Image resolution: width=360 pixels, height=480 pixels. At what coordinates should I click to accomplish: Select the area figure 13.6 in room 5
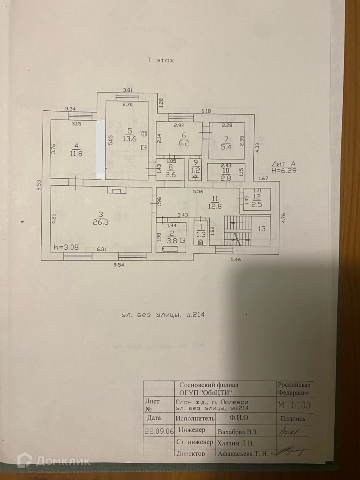[x=130, y=138]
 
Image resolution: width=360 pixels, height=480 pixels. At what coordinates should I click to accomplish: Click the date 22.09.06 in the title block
[x=158, y=430]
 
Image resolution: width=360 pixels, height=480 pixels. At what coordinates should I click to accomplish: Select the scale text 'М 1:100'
[x=294, y=405]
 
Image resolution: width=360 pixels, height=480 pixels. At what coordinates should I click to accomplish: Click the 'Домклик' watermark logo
[x=54, y=461]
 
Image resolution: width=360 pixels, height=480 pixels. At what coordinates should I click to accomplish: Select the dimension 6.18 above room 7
[x=206, y=110]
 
